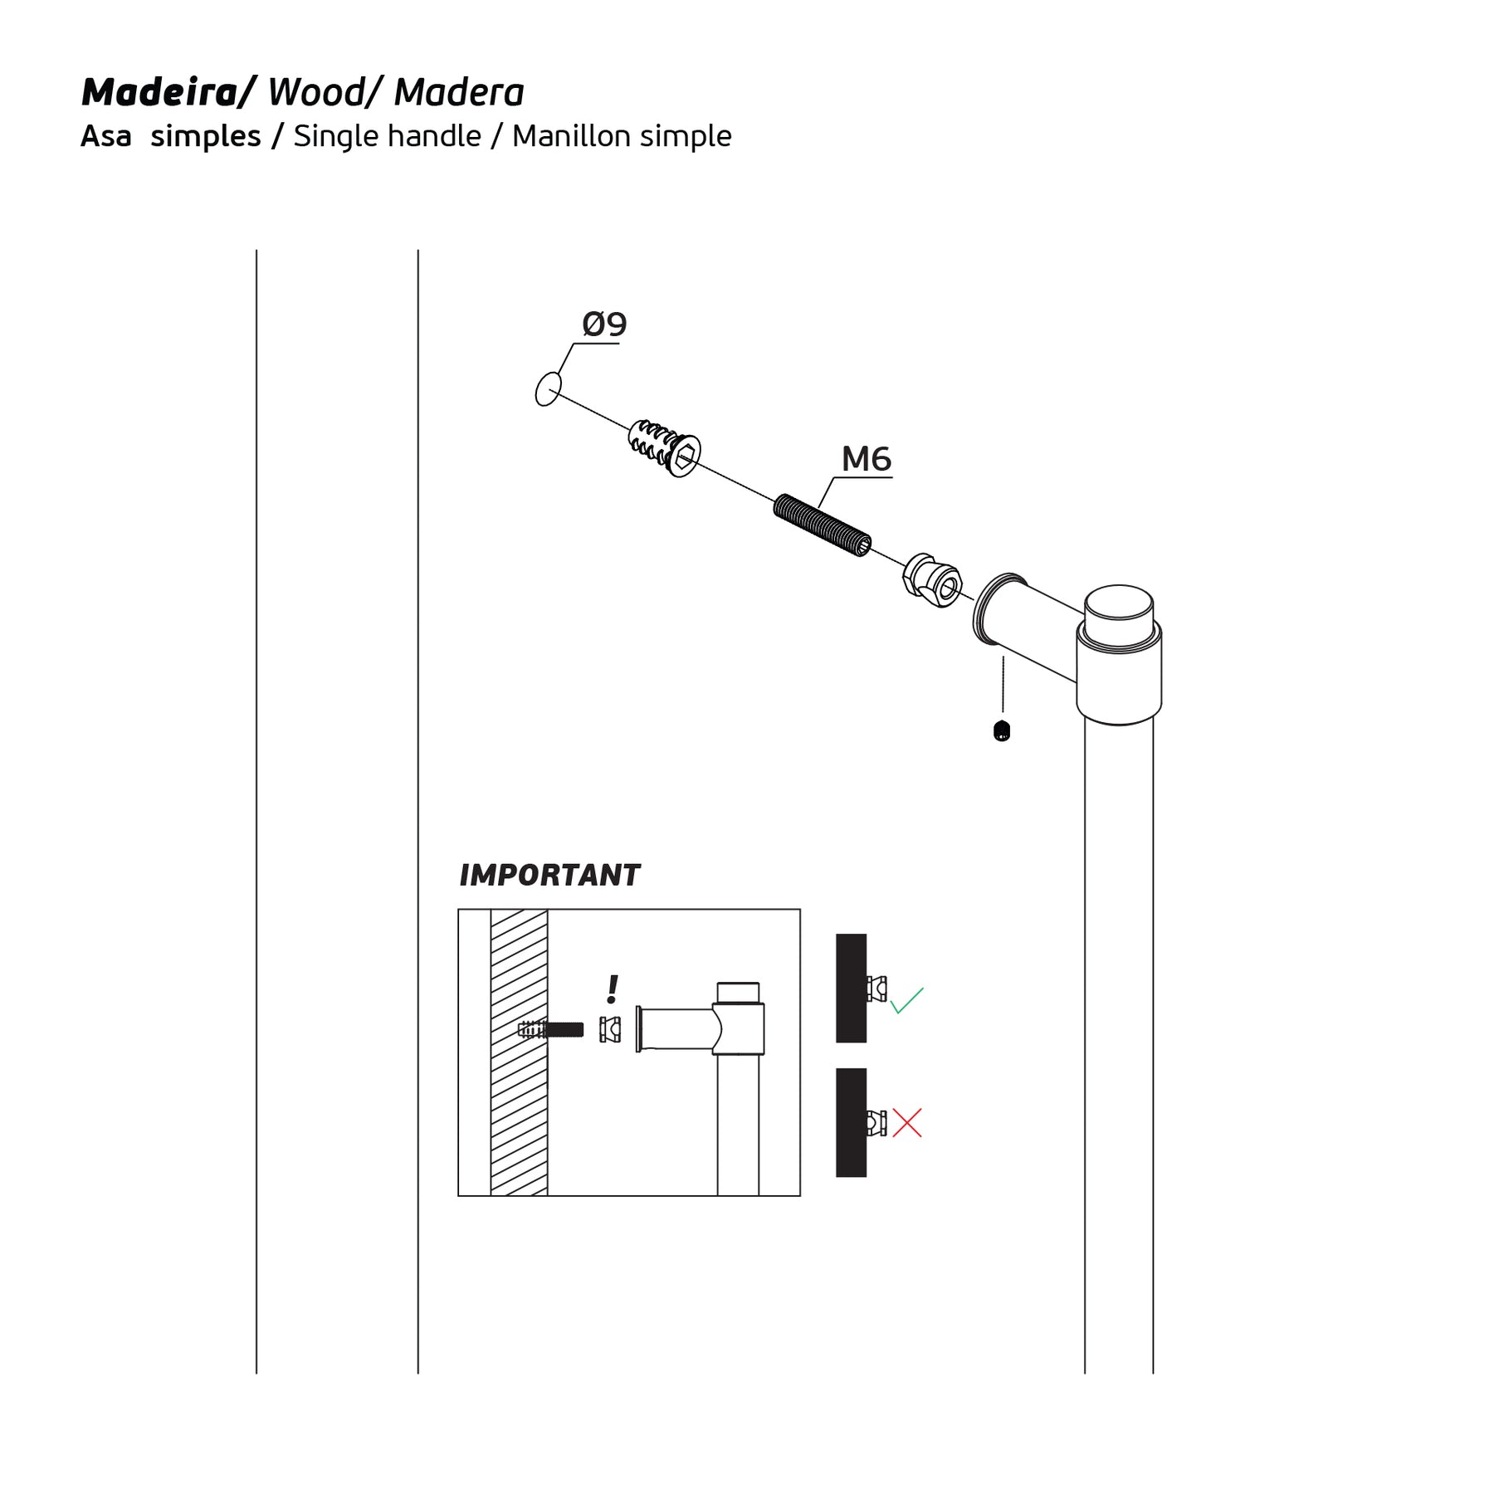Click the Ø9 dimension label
(x=604, y=325)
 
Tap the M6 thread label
(x=866, y=459)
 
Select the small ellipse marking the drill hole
(x=549, y=389)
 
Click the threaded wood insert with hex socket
(x=665, y=448)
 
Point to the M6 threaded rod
(x=823, y=525)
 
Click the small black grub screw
(x=1002, y=731)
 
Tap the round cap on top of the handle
(x=1120, y=615)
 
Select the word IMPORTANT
(x=549, y=875)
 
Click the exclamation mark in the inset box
(x=613, y=989)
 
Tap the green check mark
(x=906, y=1001)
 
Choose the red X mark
(x=907, y=1123)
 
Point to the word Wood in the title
(x=315, y=92)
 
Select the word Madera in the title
(x=459, y=92)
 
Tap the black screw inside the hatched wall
(x=550, y=1030)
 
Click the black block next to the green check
(x=851, y=988)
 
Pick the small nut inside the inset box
(x=610, y=1029)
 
